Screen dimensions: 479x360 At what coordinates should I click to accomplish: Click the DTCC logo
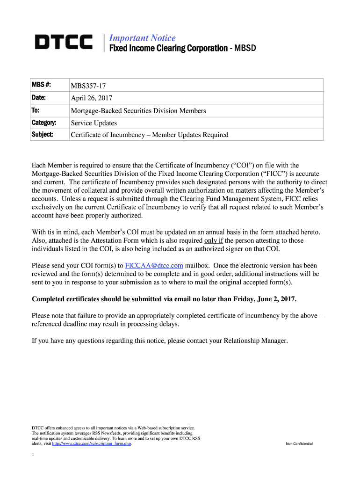(x=64, y=43)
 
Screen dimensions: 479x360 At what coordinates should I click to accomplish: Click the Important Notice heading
(x=142, y=38)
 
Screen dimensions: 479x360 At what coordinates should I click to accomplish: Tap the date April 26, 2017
(x=91, y=98)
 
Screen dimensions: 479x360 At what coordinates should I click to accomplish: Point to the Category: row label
(x=44, y=123)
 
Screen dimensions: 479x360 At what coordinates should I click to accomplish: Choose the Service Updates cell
(x=94, y=123)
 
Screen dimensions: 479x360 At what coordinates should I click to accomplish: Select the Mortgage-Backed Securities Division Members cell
(x=138, y=111)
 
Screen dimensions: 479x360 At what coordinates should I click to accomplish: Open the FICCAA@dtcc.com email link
(x=154, y=265)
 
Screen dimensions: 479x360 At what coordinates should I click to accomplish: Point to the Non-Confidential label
(x=299, y=443)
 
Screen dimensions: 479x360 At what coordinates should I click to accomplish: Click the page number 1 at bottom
(x=33, y=455)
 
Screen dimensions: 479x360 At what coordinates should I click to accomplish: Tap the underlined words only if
(x=214, y=240)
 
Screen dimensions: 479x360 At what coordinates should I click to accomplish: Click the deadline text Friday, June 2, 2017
(x=259, y=299)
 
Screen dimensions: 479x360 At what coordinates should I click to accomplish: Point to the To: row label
(x=36, y=110)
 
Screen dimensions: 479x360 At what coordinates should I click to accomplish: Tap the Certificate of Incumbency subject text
(x=149, y=135)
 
